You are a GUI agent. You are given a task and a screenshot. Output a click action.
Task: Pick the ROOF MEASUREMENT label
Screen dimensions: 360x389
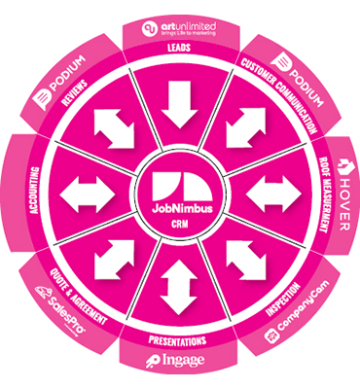322,195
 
